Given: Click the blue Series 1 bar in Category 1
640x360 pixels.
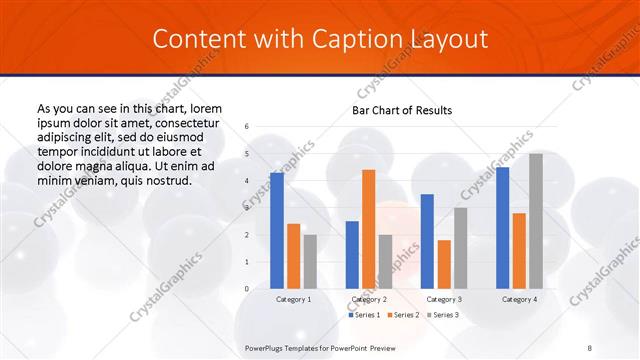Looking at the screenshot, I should coord(277,231).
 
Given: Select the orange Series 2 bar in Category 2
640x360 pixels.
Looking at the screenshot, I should coord(368,229).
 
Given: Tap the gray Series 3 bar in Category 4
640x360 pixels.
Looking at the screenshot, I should coord(536,221).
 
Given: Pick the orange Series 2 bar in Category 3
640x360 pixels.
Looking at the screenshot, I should coord(444,264).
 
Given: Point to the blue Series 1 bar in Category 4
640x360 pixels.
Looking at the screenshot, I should coord(502,228).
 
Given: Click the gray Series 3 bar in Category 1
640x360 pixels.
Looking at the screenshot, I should coord(310,262).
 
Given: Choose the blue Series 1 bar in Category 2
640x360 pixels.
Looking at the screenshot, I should coord(352,255).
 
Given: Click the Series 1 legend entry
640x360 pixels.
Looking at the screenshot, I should coord(365,315).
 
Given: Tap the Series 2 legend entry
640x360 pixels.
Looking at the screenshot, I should coord(402,315).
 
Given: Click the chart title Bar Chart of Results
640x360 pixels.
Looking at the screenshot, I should coord(402,110).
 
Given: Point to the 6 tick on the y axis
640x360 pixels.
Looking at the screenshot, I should coord(247,127).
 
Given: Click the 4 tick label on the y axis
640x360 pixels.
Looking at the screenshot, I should coord(247,181).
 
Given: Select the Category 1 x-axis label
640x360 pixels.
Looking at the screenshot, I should coord(293,299).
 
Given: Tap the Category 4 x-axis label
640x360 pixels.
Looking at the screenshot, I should coord(519,299).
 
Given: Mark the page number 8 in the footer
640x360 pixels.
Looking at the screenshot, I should coord(590,346).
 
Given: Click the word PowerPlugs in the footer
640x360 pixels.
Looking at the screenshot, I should coord(267,346).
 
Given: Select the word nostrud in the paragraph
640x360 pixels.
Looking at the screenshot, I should coord(163,180).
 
